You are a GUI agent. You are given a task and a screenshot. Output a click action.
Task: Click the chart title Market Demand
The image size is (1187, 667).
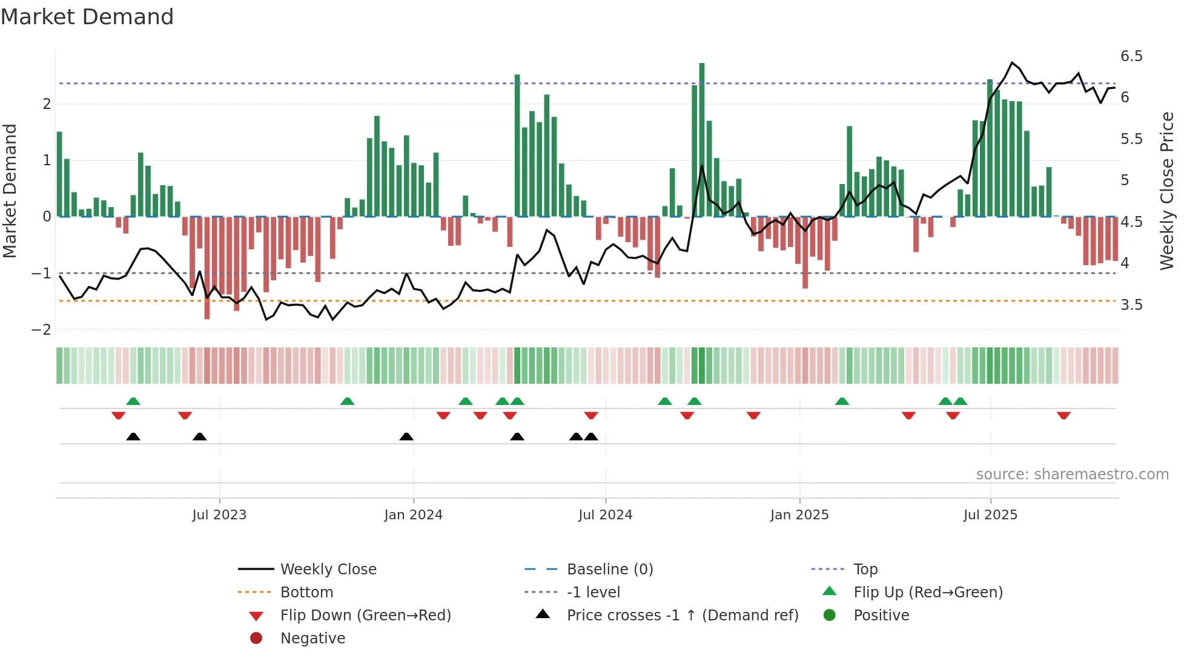[87, 16]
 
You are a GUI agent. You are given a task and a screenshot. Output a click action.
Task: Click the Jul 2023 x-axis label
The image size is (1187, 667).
[219, 515]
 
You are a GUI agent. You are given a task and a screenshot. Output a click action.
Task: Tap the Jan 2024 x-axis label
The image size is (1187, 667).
[413, 515]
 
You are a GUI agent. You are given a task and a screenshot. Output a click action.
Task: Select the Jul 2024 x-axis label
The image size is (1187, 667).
[605, 515]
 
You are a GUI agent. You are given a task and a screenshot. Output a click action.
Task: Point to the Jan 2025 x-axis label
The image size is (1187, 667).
[799, 515]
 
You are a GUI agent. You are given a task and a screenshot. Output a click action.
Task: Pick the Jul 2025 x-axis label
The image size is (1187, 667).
[990, 515]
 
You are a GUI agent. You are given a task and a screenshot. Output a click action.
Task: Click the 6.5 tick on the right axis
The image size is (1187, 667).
[1131, 56]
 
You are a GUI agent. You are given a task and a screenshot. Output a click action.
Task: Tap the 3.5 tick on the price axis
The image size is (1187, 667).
[1131, 305]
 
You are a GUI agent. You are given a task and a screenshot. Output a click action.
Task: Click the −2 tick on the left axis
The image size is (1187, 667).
[41, 330]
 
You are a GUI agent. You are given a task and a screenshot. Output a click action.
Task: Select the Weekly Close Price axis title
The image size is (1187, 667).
[1167, 191]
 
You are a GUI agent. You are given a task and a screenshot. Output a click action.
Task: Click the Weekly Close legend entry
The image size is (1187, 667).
[328, 570]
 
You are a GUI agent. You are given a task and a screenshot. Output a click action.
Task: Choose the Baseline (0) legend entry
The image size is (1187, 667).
[610, 570]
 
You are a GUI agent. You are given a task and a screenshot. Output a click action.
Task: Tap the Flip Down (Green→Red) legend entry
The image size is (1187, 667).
[365, 616]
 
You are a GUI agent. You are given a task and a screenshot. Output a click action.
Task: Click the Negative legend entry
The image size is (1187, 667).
[312, 639]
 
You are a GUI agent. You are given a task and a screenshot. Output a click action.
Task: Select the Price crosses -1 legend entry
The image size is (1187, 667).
[683, 616]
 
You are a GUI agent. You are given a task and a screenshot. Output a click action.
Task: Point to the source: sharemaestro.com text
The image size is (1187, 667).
[1072, 475]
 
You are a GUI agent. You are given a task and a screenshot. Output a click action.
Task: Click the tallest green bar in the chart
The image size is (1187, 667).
[702, 139]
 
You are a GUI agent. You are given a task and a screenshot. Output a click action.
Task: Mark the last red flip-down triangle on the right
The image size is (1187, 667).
[1063, 416]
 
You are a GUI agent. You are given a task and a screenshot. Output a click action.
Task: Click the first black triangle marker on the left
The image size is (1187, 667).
[133, 436]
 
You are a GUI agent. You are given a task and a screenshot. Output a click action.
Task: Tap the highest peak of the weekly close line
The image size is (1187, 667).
[1012, 62]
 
